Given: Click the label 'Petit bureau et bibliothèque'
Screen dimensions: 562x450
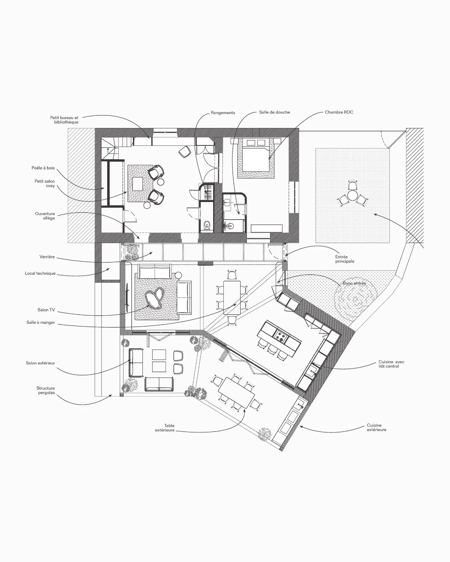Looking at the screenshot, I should (64, 120).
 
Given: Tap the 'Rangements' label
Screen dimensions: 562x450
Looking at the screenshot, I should (223, 113).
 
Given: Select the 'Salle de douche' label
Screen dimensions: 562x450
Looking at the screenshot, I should (274, 112).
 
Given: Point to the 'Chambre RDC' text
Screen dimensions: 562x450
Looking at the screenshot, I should (339, 112).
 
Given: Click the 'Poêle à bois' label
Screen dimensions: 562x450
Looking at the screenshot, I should (43, 168).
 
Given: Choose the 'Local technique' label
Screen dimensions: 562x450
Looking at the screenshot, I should (40, 274).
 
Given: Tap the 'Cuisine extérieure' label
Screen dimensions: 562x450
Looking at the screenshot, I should (377, 427).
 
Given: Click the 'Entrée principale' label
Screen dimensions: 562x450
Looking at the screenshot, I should (345, 259).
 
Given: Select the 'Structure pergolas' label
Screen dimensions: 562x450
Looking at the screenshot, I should (46, 390).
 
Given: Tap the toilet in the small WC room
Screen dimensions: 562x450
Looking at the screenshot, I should (207, 225).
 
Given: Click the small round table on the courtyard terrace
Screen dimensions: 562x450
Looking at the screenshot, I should (352, 195).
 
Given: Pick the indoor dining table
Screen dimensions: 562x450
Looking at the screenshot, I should (232, 298).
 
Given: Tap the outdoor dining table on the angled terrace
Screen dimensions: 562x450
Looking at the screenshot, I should (237, 392).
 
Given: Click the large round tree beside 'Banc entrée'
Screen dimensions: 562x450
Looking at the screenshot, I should (355, 299).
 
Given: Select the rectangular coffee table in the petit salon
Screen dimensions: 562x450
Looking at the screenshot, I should (137, 184).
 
